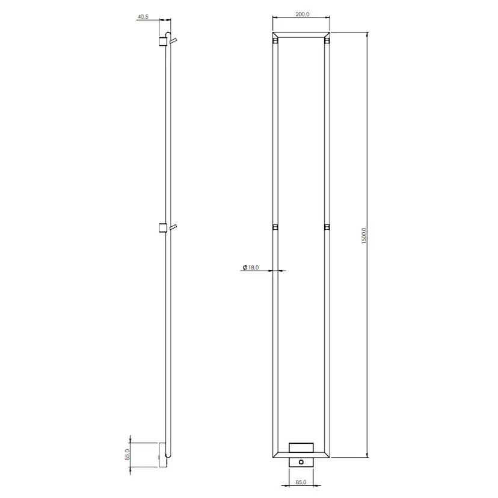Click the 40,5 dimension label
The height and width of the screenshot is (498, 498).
click(x=143, y=17)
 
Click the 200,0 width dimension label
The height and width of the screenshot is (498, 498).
click(x=303, y=14)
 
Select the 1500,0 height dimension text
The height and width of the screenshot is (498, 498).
click(x=364, y=236)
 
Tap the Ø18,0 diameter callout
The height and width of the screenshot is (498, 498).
click(x=251, y=268)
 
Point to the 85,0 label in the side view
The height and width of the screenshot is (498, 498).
click(x=128, y=455)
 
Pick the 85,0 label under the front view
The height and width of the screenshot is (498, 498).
click(x=301, y=482)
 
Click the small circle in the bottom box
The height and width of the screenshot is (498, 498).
click(x=301, y=462)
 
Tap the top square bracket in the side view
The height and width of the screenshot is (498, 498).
click(x=163, y=41)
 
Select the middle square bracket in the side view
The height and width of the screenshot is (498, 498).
click(x=163, y=228)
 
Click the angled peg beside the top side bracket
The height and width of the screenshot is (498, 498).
click(x=173, y=41)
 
